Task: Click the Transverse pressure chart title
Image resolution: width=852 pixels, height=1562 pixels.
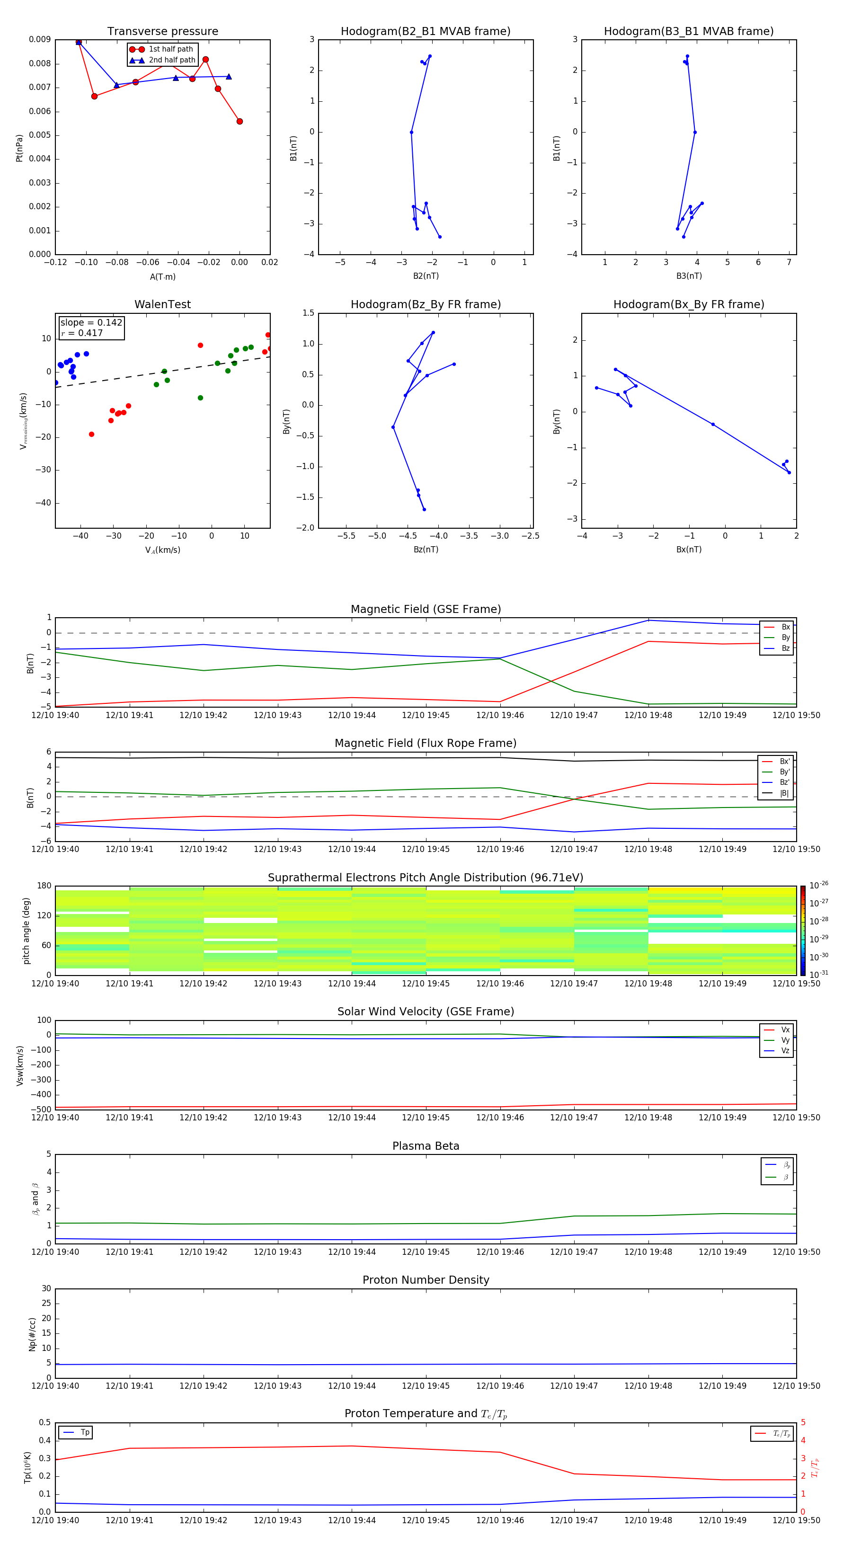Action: [162, 32]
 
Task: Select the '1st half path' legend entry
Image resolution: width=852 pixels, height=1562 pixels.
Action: [170, 49]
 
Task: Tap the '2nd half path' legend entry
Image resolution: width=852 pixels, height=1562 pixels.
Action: [172, 60]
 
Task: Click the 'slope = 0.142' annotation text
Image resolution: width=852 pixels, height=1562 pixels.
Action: [91, 323]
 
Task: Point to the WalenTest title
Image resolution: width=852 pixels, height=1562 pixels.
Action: [162, 304]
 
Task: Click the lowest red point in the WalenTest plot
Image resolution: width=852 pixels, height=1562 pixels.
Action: [91, 434]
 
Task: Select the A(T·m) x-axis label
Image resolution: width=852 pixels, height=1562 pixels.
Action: [162, 277]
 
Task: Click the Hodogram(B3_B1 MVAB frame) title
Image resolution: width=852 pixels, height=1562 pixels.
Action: [688, 32]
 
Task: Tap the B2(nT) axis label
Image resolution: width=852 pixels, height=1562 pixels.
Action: [426, 276]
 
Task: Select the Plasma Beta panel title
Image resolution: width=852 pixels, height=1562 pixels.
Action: [426, 1146]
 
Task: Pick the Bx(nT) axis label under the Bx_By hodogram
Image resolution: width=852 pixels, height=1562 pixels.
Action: [689, 550]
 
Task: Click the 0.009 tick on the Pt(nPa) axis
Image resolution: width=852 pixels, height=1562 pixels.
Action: [39, 39]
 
